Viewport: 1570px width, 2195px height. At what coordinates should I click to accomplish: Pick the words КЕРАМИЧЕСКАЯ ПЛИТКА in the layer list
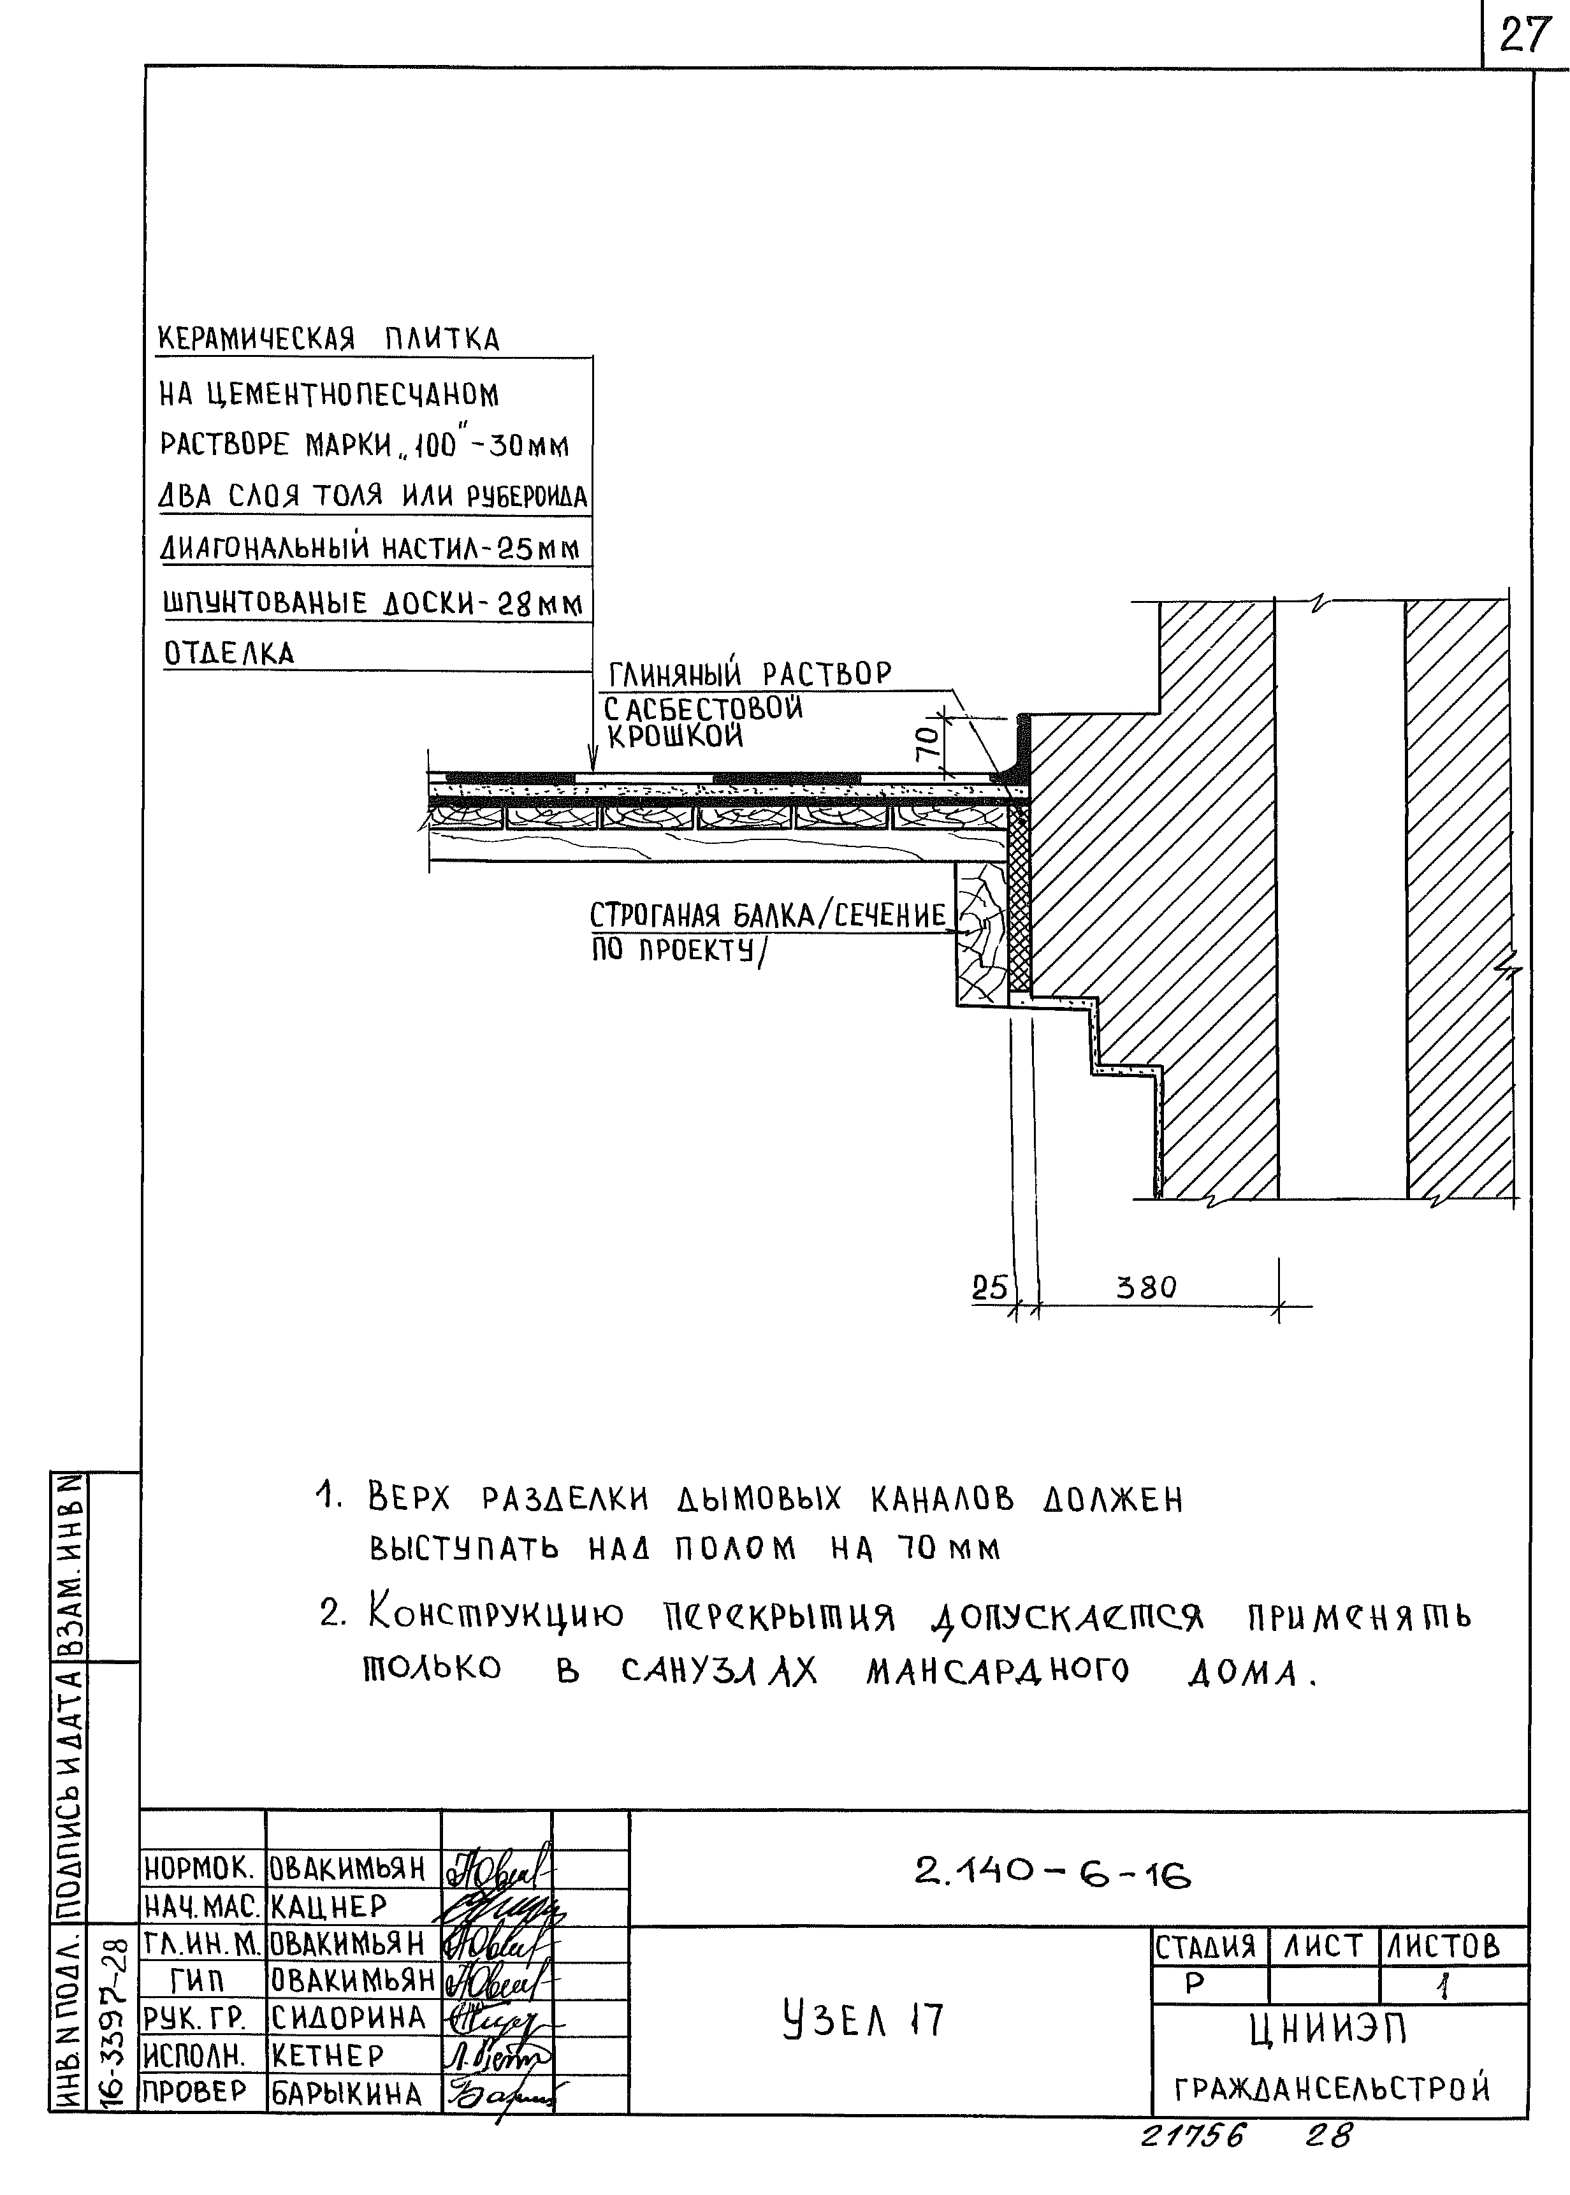329,339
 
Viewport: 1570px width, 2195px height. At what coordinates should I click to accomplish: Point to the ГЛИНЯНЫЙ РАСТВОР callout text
749,674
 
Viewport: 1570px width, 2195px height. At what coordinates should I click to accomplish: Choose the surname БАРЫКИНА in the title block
346,2094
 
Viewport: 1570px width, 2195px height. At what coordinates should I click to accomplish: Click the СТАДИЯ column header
1205,1946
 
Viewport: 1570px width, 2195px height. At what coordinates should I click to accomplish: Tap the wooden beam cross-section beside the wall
980,932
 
